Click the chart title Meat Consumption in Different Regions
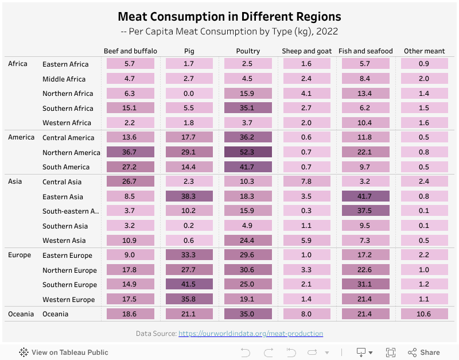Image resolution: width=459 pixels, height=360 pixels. coord(229,17)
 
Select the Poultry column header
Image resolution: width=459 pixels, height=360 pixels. coord(248,51)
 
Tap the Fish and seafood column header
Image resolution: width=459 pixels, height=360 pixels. coord(365,51)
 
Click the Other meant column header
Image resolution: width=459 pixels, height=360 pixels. coord(424,51)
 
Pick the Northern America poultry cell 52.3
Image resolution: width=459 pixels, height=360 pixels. coord(248,152)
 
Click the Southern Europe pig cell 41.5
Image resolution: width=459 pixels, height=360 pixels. coord(189,284)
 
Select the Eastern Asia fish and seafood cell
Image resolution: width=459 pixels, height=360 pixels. coord(365,196)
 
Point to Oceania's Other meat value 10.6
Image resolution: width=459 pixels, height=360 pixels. coord(424,314)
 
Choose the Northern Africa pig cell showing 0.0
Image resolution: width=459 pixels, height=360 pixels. coord(189,93)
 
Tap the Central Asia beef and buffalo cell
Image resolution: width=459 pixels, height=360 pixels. coord(130,181)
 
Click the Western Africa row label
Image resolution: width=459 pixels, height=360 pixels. coord(67,123)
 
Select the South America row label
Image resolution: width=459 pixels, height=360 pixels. coord(66,167)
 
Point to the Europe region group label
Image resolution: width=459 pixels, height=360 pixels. coord(20,255)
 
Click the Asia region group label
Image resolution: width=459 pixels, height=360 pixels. coord(15,181)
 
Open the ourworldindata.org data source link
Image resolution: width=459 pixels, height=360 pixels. coord(250,334)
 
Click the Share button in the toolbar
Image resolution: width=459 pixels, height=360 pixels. coord(423,353)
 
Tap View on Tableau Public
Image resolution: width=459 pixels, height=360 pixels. coord(64,353)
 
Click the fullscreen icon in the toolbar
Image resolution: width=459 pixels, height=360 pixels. coord(391,353)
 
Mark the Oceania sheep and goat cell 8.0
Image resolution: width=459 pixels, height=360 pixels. coord(306,314)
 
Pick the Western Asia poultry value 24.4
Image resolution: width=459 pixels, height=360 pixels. coord(248,241)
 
